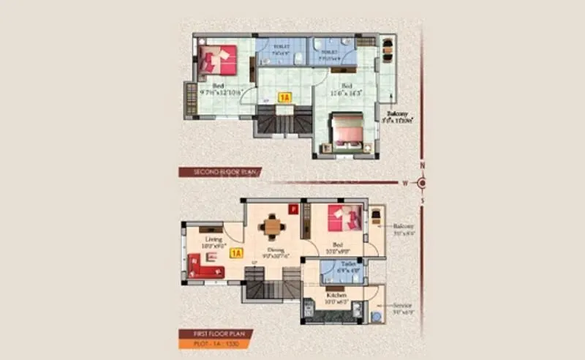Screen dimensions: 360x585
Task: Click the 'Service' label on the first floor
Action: click(x=401, y=304)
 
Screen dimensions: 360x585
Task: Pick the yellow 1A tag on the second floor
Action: click(x=285, y=97)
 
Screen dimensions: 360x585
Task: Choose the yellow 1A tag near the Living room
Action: click(x=235, y=254)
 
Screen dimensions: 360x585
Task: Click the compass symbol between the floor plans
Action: click(x=421, y=182)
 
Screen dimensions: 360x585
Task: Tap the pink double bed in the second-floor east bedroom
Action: click(x=347, y=131)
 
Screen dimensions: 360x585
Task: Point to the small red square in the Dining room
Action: click(x=294, y=209)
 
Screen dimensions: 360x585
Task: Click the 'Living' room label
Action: click(x=214, y=239)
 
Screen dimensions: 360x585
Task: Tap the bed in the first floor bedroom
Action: click(x=343, y=218)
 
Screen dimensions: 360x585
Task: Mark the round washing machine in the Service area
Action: click(x=376, y=317)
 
